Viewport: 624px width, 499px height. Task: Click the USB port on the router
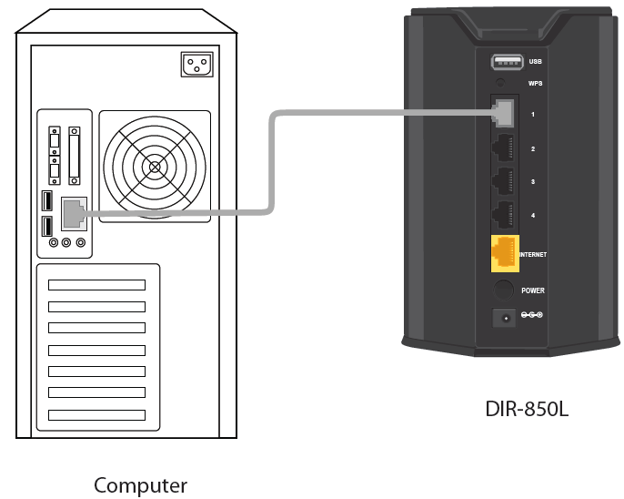tap(505, 63)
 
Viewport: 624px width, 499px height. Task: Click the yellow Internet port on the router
tap(505, 253)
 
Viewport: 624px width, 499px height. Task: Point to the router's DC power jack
tap(503, 317)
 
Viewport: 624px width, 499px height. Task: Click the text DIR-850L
tap(527, 409)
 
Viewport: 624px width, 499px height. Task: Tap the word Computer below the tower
tap(140, 485)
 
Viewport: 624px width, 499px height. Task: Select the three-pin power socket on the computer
tap(197, 64)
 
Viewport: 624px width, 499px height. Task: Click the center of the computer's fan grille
tap(155, 168)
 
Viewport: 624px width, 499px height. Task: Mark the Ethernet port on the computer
tap(74, 214)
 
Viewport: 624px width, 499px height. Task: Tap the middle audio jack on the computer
tap(67, 243)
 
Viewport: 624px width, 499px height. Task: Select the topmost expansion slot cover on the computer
tap(96, 285)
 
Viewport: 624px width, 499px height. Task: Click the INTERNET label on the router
tap(533, 255)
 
